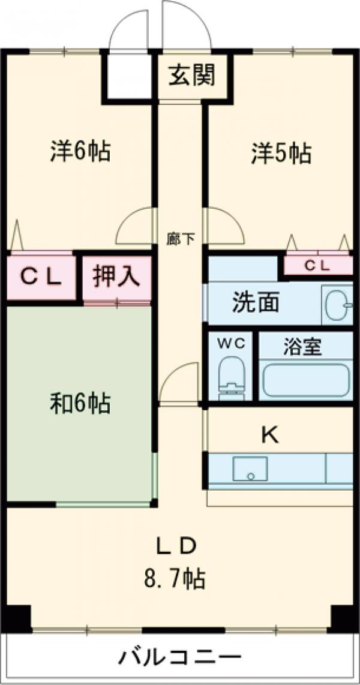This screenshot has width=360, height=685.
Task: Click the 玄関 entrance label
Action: tap(192, 77)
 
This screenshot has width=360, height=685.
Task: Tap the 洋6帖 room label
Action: tap(80, 152)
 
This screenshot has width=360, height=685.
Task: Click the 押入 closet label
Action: tap(116, 277)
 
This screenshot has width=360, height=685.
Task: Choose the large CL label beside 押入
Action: tap(41, 277)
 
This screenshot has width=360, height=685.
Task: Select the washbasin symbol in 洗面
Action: tap(337, 305)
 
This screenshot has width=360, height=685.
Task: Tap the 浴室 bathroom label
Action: tap(303, 347)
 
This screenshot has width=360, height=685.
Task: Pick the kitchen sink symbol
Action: tap(250, 468)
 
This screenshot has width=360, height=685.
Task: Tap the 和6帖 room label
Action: tap(80, 404)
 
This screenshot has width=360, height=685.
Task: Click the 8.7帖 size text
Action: tap(175, 579)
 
